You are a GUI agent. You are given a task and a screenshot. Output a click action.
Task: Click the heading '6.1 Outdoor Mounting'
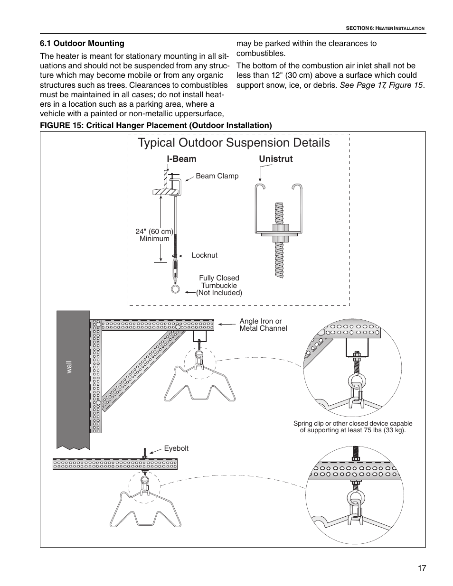click(82, 43)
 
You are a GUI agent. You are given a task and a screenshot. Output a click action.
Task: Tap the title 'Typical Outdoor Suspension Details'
click(234, 143)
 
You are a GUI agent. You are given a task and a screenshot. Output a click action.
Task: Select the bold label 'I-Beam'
click(181, 159)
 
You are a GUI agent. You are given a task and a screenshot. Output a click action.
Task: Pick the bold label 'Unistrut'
click(275, 159)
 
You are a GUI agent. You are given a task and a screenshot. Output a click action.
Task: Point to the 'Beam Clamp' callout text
click(217, 176)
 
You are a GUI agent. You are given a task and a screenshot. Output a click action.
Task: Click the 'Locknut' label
click(204, 255)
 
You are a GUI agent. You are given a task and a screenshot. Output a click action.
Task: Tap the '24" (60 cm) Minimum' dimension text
click(154, 235)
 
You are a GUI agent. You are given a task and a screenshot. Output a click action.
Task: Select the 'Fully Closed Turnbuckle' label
click(219, 282)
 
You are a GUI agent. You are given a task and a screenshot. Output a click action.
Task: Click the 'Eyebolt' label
click(176, 448)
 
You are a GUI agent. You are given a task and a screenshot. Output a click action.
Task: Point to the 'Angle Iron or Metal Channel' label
click(263, 325)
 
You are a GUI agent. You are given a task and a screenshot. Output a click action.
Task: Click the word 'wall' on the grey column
click(69, 367)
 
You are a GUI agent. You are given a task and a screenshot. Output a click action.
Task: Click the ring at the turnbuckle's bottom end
click(176, 288)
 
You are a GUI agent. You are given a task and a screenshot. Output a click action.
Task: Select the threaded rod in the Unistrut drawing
click(279, 240)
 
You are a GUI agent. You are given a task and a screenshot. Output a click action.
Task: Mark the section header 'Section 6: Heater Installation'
click(385, 28)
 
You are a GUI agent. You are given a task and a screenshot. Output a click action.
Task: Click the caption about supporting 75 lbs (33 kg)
click(352, 427)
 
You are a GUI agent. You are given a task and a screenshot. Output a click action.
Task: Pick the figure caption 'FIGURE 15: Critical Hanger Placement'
click(156, 125)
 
